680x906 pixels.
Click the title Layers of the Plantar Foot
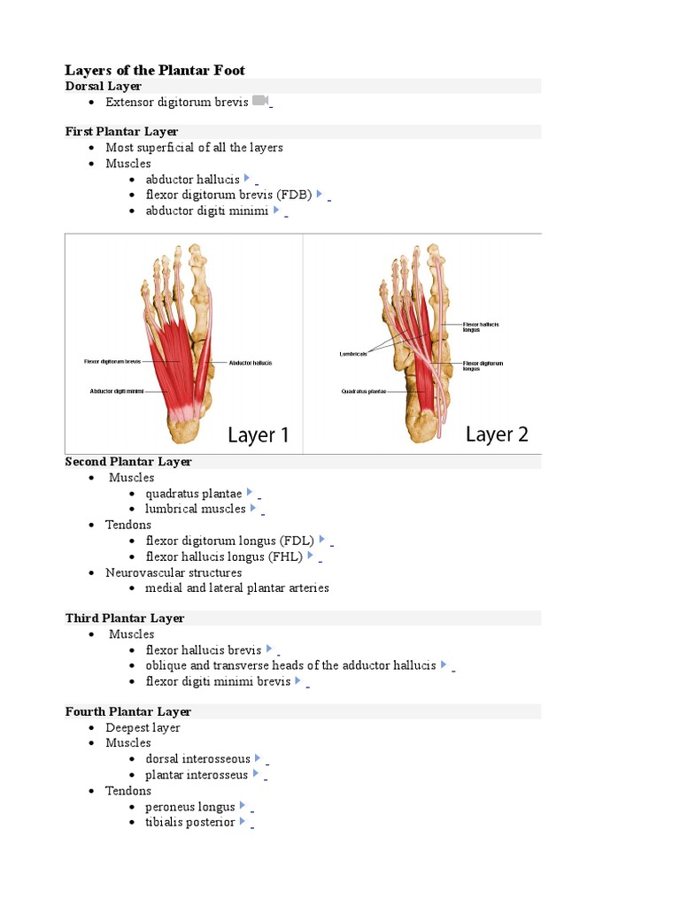click(x=155, y=70)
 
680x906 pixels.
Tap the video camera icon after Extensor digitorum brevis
click(x=259, y=101)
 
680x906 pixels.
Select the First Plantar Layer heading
click(x=121, y=132)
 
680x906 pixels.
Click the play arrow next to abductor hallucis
click(x=247, y=179)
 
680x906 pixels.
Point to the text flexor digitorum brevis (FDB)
click(x=228, y=195)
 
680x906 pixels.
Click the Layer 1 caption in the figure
click(x=259, y=435)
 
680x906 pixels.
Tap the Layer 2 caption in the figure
click(x=497, y=434)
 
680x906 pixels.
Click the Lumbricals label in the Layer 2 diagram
click(x=352, y=354)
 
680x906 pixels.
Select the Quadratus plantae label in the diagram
click(x=364, y=392)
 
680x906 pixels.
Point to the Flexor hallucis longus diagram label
click(x=481, y=326)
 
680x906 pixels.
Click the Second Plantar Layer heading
click(x=127, y=462)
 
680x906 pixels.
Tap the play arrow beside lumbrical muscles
click(x=253, y=509)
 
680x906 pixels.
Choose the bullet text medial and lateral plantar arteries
click(x=237, y=587)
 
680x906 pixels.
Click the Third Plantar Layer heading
click(x=124, y=618)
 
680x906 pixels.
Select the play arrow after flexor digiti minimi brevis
click(x=298, y=681)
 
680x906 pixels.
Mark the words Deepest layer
click(x=143, y=727)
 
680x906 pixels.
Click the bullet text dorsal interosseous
click(x=197, y=759)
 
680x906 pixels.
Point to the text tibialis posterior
click(x=190, y=822)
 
